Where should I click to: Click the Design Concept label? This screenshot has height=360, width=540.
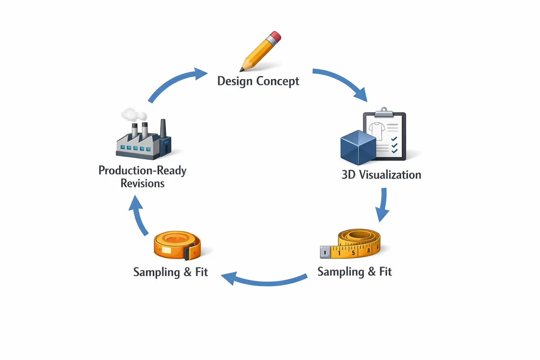point(258,81)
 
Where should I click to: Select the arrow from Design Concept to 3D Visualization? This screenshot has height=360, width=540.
point(342,82)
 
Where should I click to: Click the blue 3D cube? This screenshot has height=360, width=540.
point(358,148)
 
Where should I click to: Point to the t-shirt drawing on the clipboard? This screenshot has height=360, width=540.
point(377,131)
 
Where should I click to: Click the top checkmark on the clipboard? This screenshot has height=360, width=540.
point(394,139)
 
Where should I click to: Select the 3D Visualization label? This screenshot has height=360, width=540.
point(381,175)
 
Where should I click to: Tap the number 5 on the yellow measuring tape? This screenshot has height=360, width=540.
point(353,253)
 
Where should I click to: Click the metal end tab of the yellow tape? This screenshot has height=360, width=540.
point(325,252)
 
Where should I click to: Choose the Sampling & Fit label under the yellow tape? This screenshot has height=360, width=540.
point(355,272)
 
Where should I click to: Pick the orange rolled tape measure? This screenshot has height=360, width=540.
point(178,245)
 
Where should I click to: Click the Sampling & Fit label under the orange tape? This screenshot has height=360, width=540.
point(171,272)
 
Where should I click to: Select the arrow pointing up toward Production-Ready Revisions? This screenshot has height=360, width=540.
point(138,214)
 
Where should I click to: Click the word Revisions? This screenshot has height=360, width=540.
point(142,184)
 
